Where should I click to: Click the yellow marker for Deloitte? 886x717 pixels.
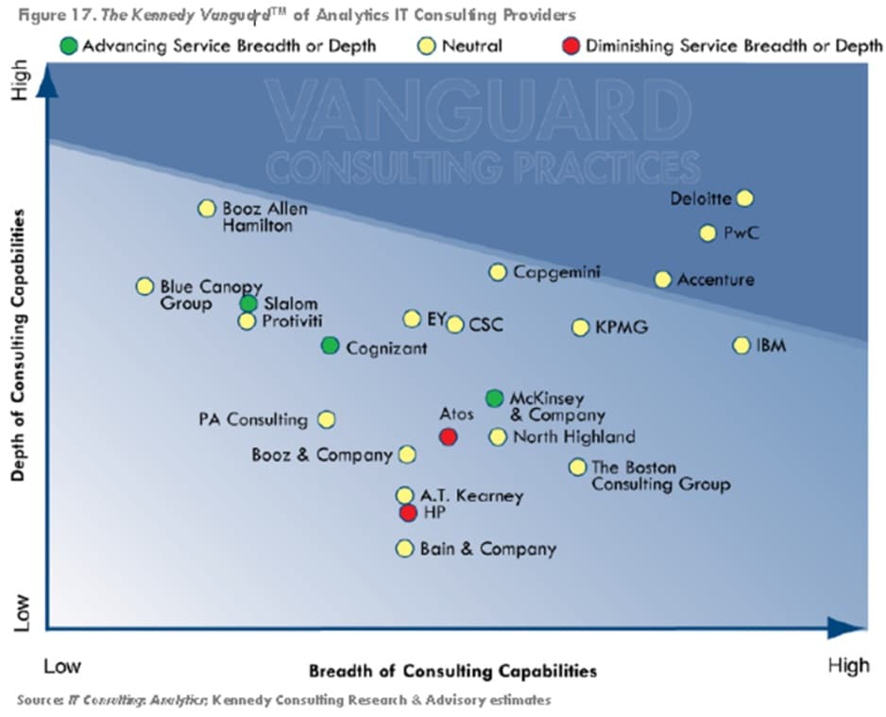(x=744, y=197)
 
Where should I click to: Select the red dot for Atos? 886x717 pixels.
(x=449, y=436)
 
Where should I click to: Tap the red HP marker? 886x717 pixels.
(x=408, y=513)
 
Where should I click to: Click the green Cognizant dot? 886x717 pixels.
(x=330, y=346)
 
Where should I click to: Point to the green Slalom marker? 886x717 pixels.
(x=248, y=303)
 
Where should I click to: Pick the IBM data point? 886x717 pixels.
(x=741, y=346)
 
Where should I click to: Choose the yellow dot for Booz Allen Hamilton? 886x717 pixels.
(x=207, y=209)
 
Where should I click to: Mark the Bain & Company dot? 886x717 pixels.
(x=405, y=548)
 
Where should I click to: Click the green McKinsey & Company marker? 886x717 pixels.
(x=494, y=399)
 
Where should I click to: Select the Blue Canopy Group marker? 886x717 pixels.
(x=145, y=286)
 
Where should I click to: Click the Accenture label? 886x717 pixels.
(x=715, y=280)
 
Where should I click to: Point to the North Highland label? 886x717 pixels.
(x=573, y=436)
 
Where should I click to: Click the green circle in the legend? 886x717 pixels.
(x=68, y=45)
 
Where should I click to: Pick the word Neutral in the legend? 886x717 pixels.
(x=472, y=45)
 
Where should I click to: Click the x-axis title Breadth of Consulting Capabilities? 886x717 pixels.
(x=452, y=672)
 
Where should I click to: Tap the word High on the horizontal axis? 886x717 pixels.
(x=847, y=666)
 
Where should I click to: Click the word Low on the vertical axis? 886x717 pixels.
(x=22, y=612)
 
